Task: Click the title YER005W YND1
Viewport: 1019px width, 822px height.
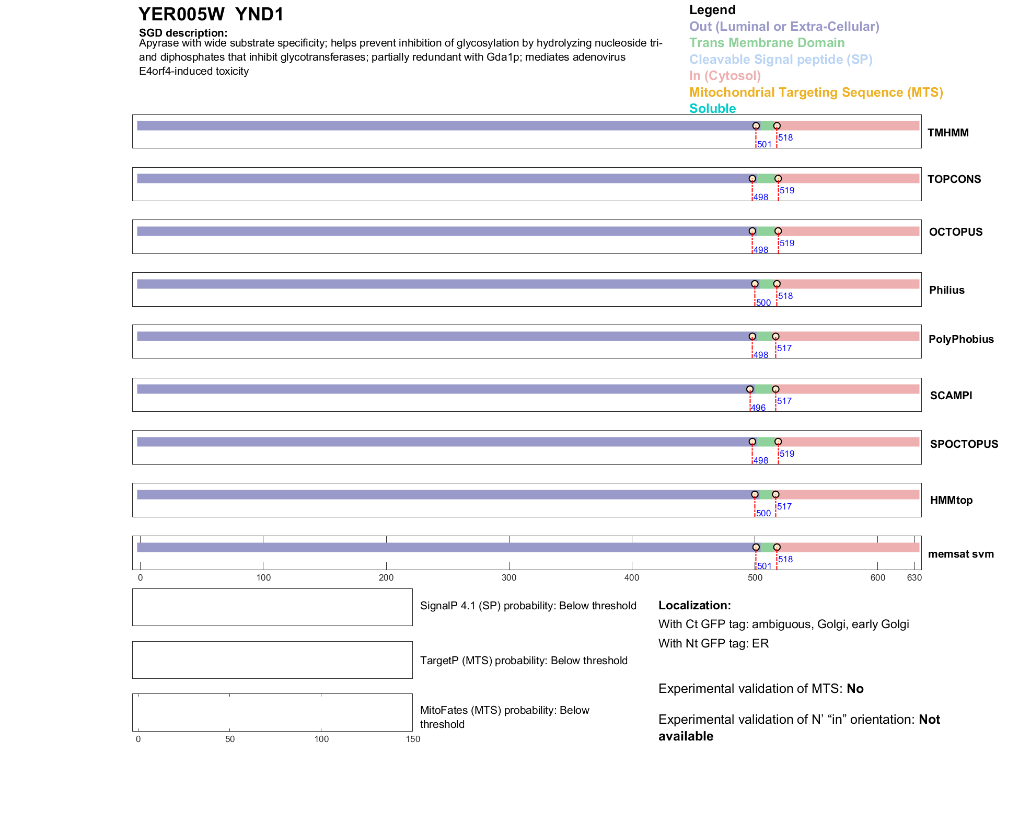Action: pos(211,15)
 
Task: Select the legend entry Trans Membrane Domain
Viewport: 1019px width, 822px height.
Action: pos(767,43)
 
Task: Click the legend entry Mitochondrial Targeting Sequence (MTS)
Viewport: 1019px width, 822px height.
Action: pos(816,92)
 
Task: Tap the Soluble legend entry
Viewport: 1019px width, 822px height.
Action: pos(712,109)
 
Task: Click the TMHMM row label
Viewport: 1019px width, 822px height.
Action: pos(948,133)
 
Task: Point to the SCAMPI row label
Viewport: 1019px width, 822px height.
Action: pos(951,396)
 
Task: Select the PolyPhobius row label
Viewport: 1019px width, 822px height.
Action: pos(961,339)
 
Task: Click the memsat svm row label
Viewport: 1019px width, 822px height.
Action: pos(960,554)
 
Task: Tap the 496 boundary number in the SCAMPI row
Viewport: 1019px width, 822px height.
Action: pos(758,408)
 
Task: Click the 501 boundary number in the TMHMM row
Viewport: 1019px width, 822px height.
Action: pos(765,145)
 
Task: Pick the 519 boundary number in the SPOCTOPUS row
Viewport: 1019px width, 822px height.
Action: pos(787,454)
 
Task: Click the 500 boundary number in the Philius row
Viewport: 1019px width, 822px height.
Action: pos(763,303)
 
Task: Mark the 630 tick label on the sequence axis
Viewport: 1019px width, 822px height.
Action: pos(914,578)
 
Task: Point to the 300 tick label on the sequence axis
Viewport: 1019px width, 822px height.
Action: pos(509,578)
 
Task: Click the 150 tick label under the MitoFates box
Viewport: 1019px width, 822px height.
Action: pos(413,739)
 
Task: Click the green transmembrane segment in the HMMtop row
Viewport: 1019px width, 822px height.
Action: pos(765,495)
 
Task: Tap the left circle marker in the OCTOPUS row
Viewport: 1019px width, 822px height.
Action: pos(752,231)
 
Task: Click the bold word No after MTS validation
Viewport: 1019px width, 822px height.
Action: pos(855,689)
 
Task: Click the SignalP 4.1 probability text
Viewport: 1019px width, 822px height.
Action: pos(528,606)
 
